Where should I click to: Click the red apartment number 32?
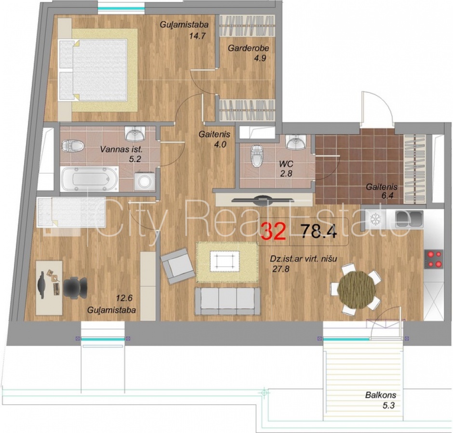tap(273, 231)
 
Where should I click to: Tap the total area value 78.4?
tap(319, 231)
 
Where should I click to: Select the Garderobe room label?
tap(249, 48)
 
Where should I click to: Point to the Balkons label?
tap(381, 395)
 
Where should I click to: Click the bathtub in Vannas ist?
tap(89, 179)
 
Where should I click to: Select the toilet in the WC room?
tap(257, 156)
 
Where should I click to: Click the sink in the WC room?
tap(296, 141)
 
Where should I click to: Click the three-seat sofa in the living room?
tap(227, 301)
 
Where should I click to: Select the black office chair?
tap(75, 288)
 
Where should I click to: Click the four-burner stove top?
tap(434, 259)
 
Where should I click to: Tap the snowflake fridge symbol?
tap(375, 219)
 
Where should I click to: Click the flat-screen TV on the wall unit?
tap(263, 200)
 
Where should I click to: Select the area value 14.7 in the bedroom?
tap(197, 36)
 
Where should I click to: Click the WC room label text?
tap(286, 164)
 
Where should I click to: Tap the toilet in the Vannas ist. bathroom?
tap(73, 146)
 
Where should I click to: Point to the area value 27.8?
tap(281, 269)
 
